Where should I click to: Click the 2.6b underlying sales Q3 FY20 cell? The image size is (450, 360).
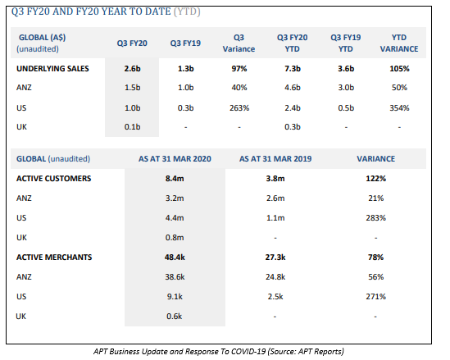[132, 69]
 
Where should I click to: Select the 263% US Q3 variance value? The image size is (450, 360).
[239, 108]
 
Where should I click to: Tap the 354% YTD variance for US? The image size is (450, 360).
[399, 108]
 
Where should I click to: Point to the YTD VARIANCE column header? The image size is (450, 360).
[399, 43]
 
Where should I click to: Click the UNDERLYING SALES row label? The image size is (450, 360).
[52, 69]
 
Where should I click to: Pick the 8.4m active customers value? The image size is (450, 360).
[175, 179]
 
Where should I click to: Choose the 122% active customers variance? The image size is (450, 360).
[375, 179]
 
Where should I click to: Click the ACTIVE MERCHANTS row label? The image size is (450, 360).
[54, 257]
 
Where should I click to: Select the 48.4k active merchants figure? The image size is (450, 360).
[175, 257]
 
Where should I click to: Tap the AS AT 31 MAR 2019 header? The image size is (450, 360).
[275, 159]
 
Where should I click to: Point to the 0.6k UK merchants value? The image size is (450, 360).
[175, 317]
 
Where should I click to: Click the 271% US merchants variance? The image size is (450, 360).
[375, 297]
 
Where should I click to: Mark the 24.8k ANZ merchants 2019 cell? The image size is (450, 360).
[275, 277]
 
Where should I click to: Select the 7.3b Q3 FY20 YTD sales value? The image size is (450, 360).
[293, 69]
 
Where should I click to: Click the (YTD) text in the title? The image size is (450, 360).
[187, 11]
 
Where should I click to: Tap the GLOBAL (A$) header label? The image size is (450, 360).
[42, 38]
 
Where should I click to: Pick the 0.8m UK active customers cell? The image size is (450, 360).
[175, 238]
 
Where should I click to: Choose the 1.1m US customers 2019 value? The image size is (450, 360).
[275, 218]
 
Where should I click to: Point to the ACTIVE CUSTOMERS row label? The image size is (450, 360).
[53, 179]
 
